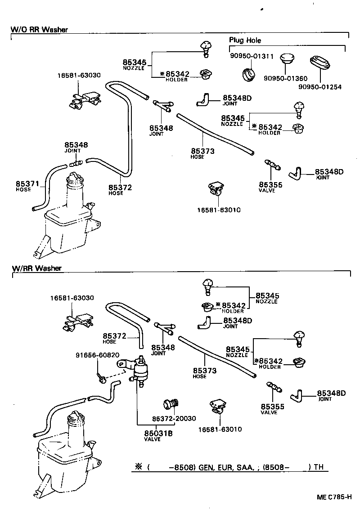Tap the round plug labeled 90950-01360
[x=286, y=61]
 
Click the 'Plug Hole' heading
[x=245, y=40]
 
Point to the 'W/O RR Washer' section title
[x=39, y=30]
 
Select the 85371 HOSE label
[x=25, y=186]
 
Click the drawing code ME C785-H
[x=333, y=497]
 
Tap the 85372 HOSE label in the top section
[x=120, y=189]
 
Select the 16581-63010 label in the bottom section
[x=220, y=430]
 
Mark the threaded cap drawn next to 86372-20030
[x=172, y=404]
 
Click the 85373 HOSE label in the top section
[x=202, y=153]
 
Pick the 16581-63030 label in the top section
[x=79, y=76]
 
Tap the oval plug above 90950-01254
[x=320, y=65]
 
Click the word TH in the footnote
[x=319, y=467]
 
